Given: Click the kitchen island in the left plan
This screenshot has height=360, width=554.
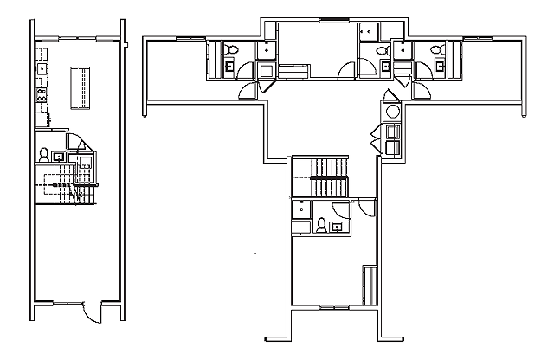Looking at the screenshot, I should point(82,87).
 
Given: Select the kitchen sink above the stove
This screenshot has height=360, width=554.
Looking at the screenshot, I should point(41,66).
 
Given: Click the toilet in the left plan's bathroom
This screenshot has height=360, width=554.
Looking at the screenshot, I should point(43,156).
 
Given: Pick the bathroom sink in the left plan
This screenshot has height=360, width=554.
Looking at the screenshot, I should point(58,157).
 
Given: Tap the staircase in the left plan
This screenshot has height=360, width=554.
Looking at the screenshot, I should point(65,185).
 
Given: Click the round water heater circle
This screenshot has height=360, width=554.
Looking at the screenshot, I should point(392,112).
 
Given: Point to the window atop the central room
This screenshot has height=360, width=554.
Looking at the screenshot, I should point(330,19).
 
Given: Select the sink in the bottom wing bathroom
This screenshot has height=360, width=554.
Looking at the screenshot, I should point(337,227).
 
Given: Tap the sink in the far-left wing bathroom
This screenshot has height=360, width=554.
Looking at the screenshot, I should point(230,65).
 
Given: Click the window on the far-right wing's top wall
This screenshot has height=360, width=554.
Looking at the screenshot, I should point(475,38).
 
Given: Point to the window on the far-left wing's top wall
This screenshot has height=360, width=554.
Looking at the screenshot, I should point(188,38).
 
